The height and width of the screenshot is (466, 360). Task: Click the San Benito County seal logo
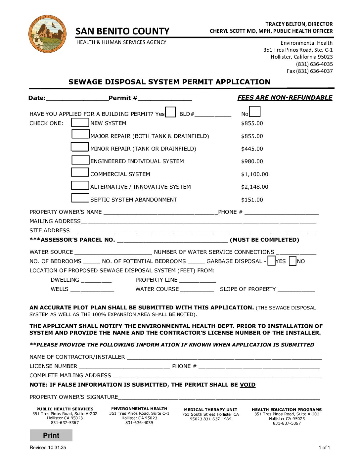click(48, 33)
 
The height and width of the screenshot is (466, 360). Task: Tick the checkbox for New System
click(80, 122)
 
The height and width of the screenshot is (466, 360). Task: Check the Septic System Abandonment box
click(80, 198)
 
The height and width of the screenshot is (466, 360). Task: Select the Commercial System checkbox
click(80, 172)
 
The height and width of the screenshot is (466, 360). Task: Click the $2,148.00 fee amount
click(254, 187)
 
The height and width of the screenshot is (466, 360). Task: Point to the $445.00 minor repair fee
click(252, 149)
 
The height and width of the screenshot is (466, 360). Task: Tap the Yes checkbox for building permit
click(170, 112)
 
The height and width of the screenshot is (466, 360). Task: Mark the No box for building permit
click(255, 112)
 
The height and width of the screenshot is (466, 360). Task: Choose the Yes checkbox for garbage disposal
click(272, 261)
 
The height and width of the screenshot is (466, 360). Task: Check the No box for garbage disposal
click(292, 261)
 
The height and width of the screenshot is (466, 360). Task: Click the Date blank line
click(77, 98)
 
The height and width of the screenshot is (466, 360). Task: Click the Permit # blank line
click(165, 98)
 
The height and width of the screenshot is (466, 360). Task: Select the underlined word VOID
click(247, 385)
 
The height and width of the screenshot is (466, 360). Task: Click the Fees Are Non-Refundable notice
click(285, 98)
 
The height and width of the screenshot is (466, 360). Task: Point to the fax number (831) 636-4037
click(310, 71)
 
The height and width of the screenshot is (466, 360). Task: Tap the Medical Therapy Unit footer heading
click(210, 410)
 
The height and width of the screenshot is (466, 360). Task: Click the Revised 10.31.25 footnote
click(48, 448)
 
